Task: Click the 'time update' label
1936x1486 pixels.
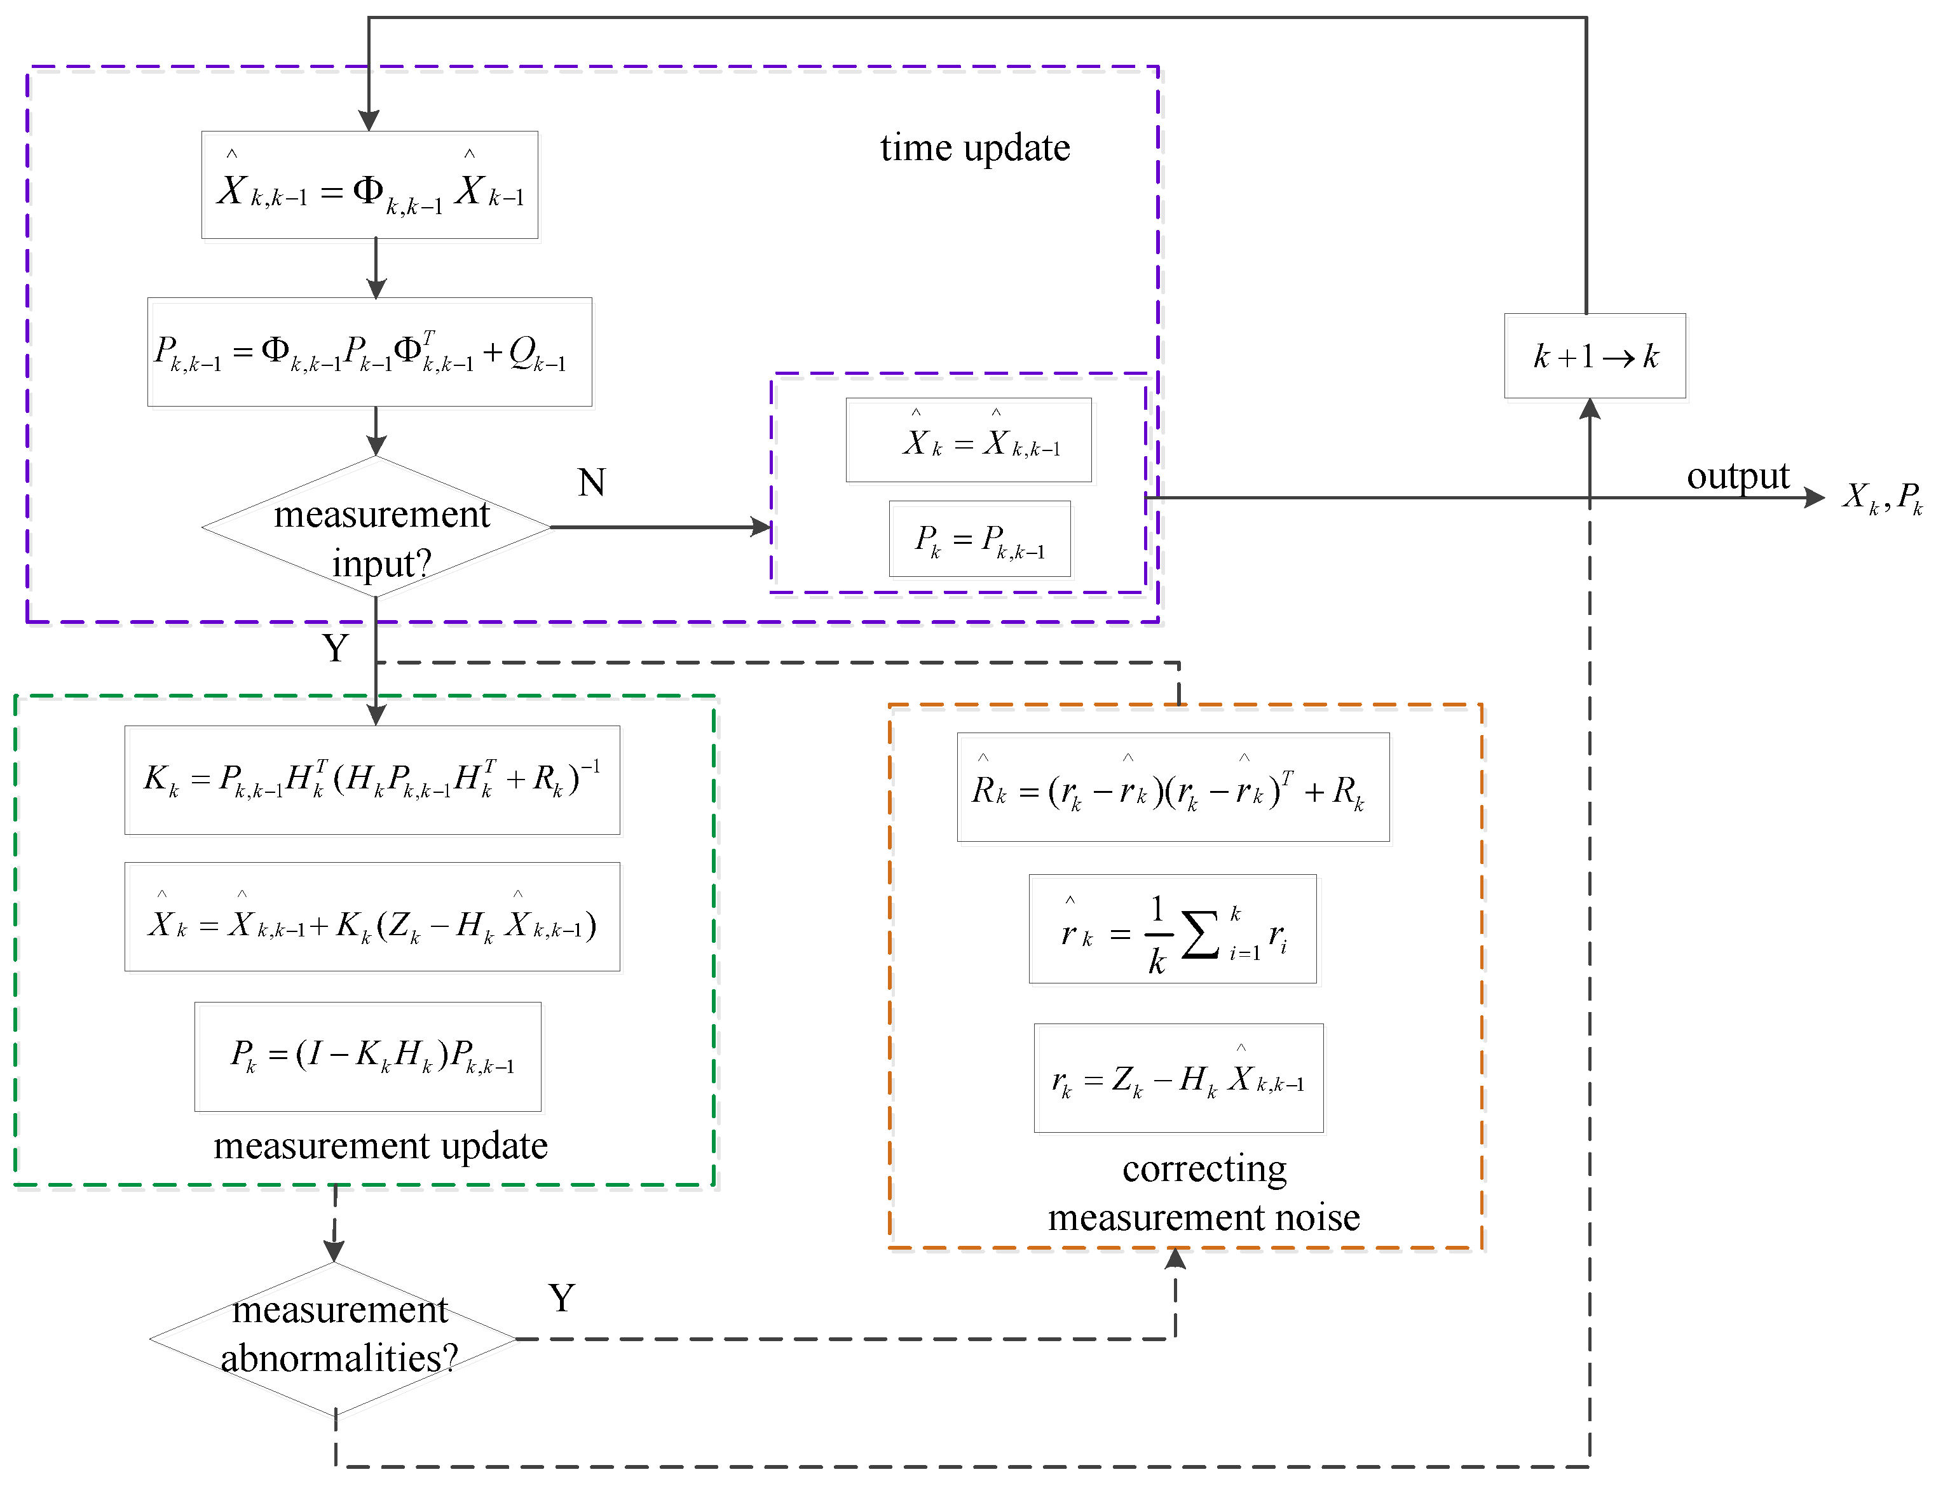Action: click(x=974, y=148)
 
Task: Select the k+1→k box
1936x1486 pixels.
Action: click(x=1595, y=356)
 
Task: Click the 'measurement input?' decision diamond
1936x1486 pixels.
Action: click(x=377, y=528)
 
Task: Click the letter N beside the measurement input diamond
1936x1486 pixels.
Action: click(x=591, y=483)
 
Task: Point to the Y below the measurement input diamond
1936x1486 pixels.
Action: click(x=336, y=649)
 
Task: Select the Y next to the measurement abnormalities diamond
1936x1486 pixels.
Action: click(x=561, y=1299)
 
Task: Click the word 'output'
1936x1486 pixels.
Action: click(x=1737, y=476)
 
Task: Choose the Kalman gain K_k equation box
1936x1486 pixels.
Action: click(x=372, y=780)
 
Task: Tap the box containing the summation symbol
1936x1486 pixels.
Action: click(x=1173, y=929)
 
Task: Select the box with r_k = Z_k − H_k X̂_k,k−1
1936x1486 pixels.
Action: click(x=1178, y=1078)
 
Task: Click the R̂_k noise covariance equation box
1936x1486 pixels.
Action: click(x=1173, y=787)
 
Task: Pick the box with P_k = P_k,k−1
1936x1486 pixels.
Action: click(x=979, y=539)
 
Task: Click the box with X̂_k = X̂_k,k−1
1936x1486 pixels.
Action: click(x=968, y=440)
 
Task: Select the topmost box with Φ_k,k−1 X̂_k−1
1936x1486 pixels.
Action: click(x=370, y=186)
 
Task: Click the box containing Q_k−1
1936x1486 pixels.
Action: click(x=370, y=352)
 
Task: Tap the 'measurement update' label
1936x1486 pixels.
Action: click(x=381, y=1146)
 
